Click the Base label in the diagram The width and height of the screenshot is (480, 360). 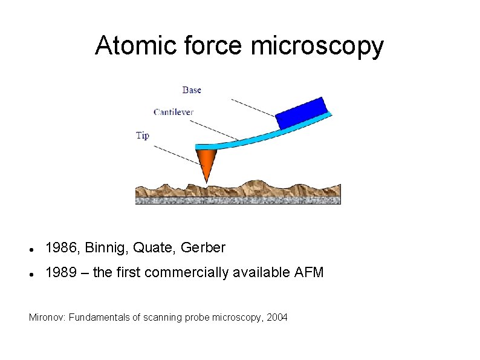[192, 90]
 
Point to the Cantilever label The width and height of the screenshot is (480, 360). [174, 112]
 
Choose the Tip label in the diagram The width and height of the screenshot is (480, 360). [142, 136]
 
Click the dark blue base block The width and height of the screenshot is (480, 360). [301, 113]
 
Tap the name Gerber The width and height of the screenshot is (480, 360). [203, 248]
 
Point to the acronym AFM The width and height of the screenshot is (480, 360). [309, 273]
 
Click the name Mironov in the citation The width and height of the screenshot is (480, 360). [48, 317]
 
